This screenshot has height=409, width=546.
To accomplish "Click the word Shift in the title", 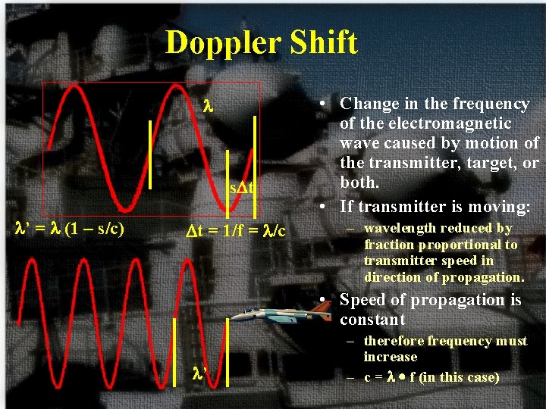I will tap(322, 43).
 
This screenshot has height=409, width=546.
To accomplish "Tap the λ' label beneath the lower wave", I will tap(199, 373).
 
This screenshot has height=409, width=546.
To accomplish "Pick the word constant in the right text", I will tap(372, 320).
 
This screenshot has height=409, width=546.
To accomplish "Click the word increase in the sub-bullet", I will tap(390, 357).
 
